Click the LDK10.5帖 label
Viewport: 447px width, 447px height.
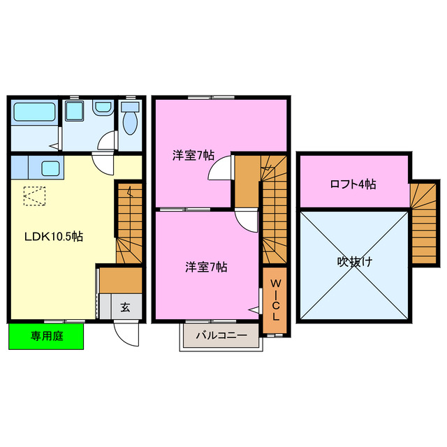click(x=54, y=237)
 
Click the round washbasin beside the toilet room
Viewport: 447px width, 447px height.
click(x=103, y=108)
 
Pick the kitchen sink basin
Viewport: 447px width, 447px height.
click(x=50, y=168)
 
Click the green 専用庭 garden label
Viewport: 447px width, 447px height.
click(x=46, y=336)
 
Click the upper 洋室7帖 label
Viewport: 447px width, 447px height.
click(x=193, y=155)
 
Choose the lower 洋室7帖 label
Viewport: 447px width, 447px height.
click(x=205, y=266)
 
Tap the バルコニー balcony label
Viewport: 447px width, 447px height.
click(x=221, y=335)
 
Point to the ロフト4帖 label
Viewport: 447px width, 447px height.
click(x=353, y=184)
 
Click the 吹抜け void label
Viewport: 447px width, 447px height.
click(x=354, y=263)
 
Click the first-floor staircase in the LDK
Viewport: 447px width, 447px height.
click(x=130, y=223)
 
